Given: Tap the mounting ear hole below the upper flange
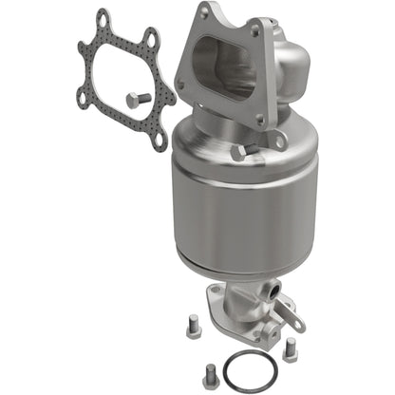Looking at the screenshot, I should click(279, 140).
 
